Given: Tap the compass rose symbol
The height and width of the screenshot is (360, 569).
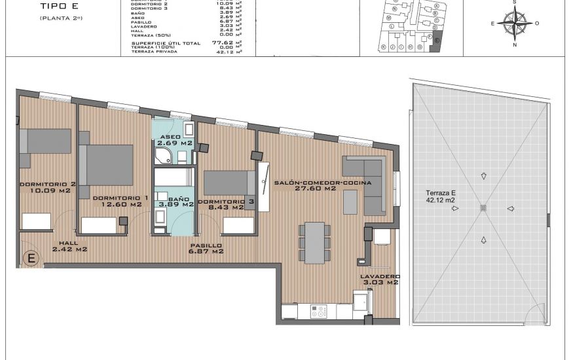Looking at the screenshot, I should coord(515,23).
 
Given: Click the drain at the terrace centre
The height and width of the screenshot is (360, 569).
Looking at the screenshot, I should coord(484,208).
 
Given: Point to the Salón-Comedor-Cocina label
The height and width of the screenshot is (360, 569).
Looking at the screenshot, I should coord(323,186).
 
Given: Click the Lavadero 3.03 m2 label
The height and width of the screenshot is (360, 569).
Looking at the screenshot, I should coord(379,279).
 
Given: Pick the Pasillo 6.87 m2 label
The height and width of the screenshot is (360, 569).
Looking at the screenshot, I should coord(206,247).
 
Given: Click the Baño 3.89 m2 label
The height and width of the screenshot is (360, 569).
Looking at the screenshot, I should coord(180,201).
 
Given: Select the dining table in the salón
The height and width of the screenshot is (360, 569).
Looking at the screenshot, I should coord(313,241).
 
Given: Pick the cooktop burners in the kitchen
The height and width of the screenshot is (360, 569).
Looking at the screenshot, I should coord(320,312).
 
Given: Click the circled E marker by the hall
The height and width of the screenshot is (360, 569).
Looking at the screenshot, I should coord(30,259).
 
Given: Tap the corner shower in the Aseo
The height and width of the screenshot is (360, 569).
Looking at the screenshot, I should coord(162,154).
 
